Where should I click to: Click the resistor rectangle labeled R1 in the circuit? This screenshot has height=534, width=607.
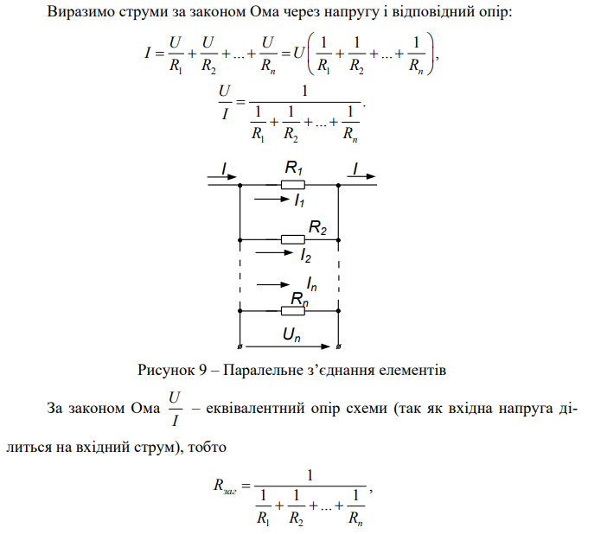[292, 184]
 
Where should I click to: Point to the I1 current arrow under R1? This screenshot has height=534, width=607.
[270, 200]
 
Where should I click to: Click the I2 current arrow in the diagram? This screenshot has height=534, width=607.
[274, 254]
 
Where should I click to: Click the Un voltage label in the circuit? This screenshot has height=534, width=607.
[291, 333]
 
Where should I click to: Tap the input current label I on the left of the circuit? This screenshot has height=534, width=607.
[223, 168]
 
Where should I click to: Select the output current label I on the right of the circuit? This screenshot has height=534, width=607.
[355, 168]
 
